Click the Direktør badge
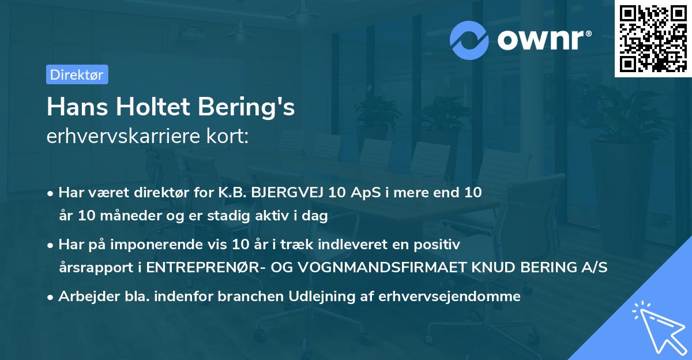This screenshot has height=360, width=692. point(77,74)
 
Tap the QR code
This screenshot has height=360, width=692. point(653,39)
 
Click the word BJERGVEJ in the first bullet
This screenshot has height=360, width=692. point(286,193)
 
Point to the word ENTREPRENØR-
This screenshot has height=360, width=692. point(199,268)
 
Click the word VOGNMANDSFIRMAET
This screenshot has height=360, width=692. point(364,268)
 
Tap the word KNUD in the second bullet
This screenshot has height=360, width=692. point(482,268)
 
